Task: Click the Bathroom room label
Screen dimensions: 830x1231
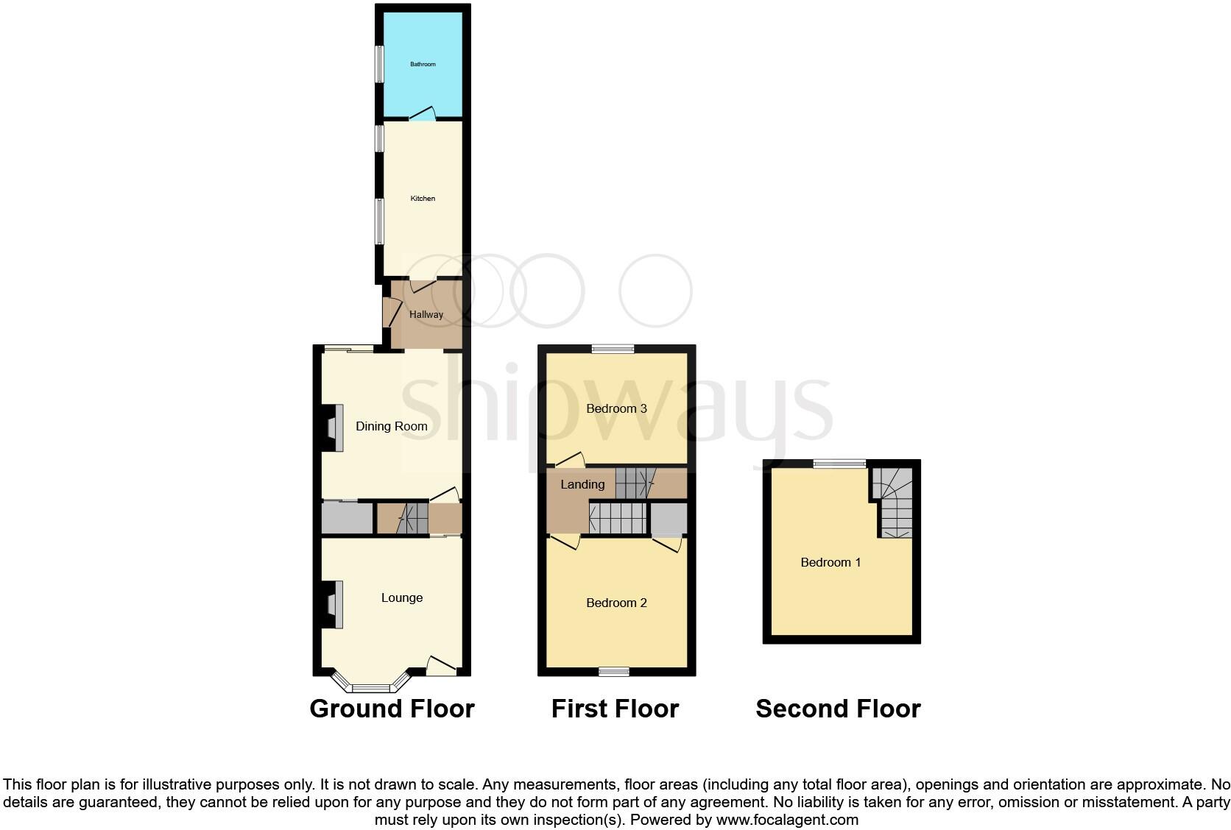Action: tap(423, 64)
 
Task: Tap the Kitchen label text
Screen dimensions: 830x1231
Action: tap(423, 199)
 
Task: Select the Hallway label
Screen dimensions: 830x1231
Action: tap(426, 315)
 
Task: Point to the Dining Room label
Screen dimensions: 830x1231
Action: tap(391, 426)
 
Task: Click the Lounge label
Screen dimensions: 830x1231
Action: tap(402, 597)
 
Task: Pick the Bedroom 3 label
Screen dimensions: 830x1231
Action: tap(616, 408)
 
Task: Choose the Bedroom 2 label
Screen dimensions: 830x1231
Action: tap(616, 603)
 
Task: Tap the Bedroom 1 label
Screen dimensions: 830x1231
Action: tap(830, 563)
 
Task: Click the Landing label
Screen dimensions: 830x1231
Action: tap(582, 484)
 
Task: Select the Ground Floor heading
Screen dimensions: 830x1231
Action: tap(392, 709)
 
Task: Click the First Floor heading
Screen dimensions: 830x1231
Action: tap(615, 709)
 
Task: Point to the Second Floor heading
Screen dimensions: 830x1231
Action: tap(838, 709)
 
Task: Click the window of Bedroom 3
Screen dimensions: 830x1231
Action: tap(613, 349)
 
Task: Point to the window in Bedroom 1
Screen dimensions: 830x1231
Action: tap(839, 464)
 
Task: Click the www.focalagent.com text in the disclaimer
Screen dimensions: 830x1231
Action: tap(787, 819)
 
